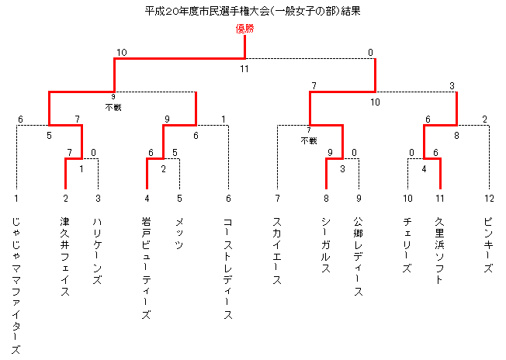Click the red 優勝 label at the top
pos(245,29)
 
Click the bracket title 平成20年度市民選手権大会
pos(206,12)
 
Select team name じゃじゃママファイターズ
pos(16,286)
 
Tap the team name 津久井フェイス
pos(65,257)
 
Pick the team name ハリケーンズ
pos(98,251)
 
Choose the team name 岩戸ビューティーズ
pos(147,268)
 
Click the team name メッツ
pos(179,234)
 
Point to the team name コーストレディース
pos(228,268)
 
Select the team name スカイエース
pos(277,251)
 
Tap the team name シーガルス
pos(326,245)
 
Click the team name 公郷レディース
pos(359,257)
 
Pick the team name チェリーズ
pos(407,245)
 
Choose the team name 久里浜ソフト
pos(439,251)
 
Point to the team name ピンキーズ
pos(489,245)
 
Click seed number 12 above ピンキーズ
pos(489,198)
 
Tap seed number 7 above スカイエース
pos(277,198)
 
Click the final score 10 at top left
pos(122,52)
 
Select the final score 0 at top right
pos(370,52)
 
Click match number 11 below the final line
pos(244,69)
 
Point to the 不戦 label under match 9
pos(113,107)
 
